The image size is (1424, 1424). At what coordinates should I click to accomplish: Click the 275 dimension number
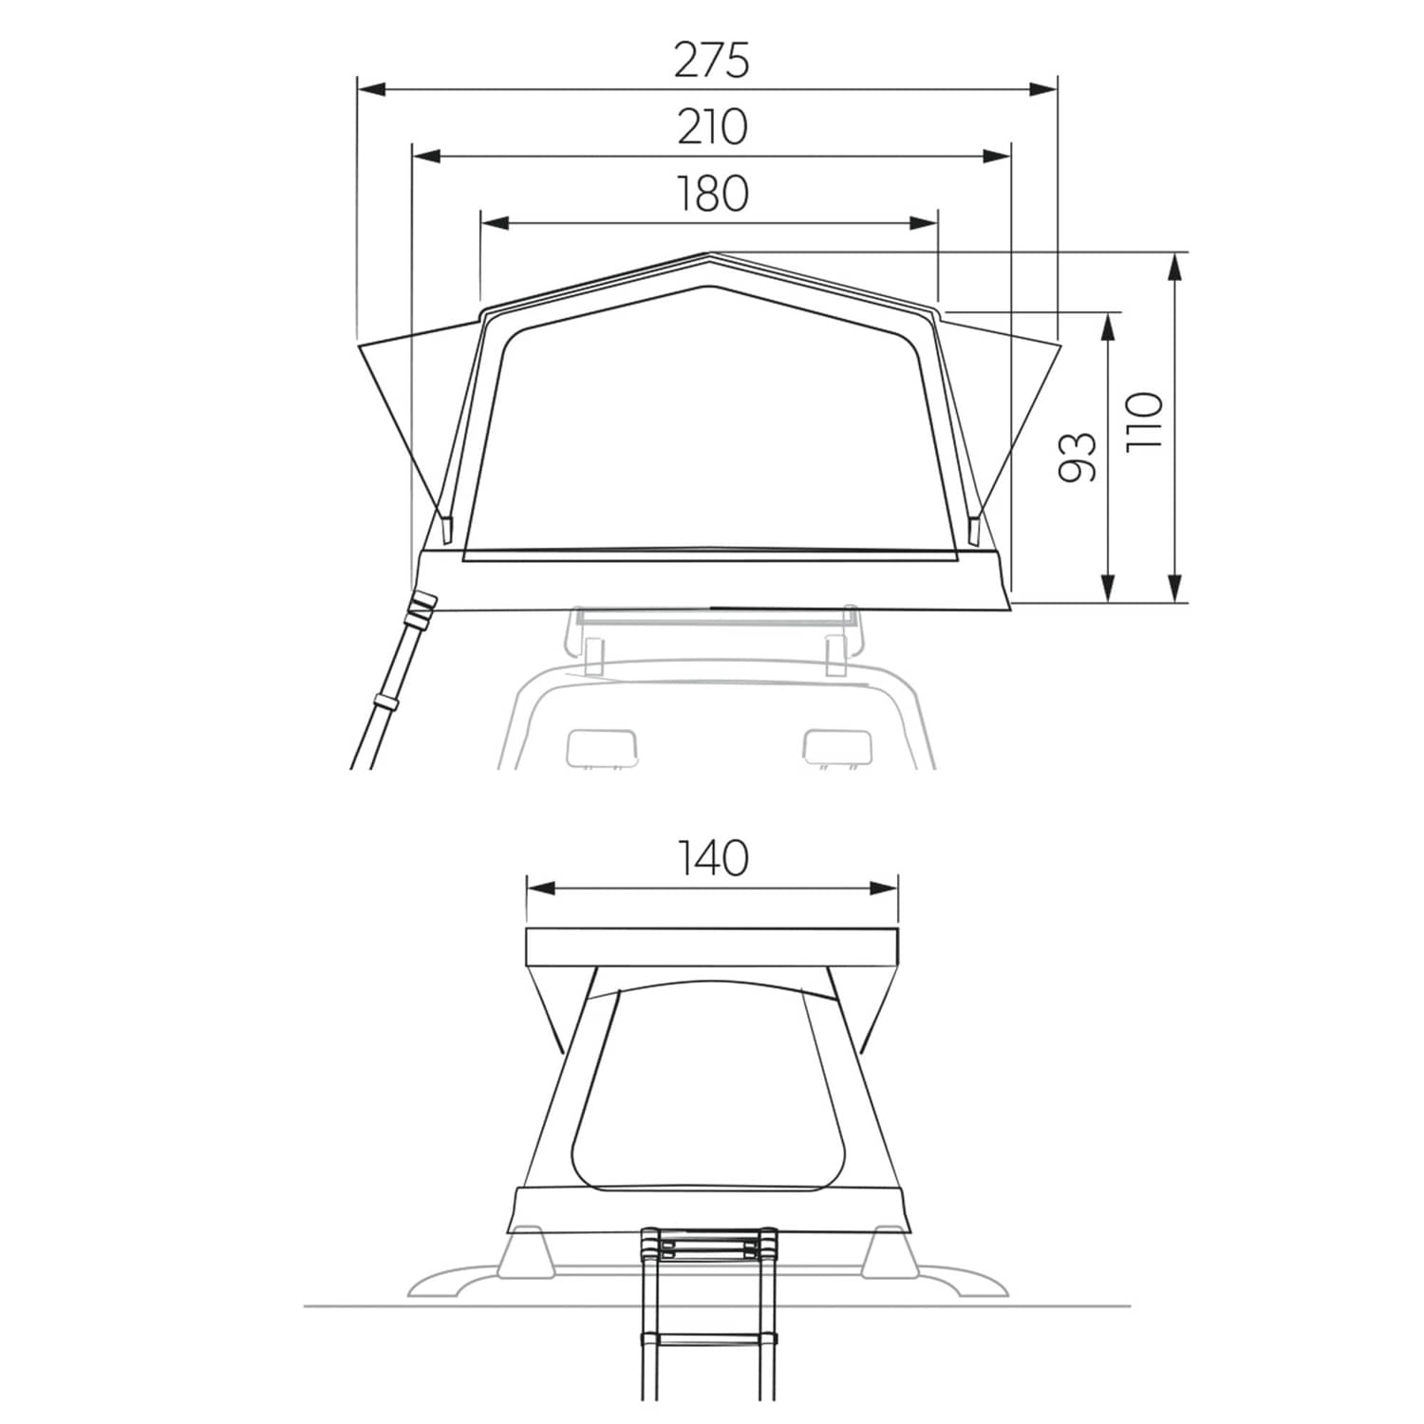(712, 60)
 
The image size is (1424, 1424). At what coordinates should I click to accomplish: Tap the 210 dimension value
(712, 127)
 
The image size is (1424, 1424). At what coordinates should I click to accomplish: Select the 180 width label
(712, 194)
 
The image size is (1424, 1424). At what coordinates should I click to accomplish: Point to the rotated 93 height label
(1077, 458)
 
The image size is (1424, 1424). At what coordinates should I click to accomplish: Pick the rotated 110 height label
(1144, 422)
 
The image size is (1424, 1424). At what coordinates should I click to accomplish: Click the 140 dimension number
(712, 858)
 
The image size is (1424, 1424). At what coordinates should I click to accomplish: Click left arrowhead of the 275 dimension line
(371, 89)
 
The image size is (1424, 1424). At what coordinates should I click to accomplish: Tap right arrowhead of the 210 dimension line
(997, 157)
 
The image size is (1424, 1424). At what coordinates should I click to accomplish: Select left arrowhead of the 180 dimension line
(497, 223)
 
